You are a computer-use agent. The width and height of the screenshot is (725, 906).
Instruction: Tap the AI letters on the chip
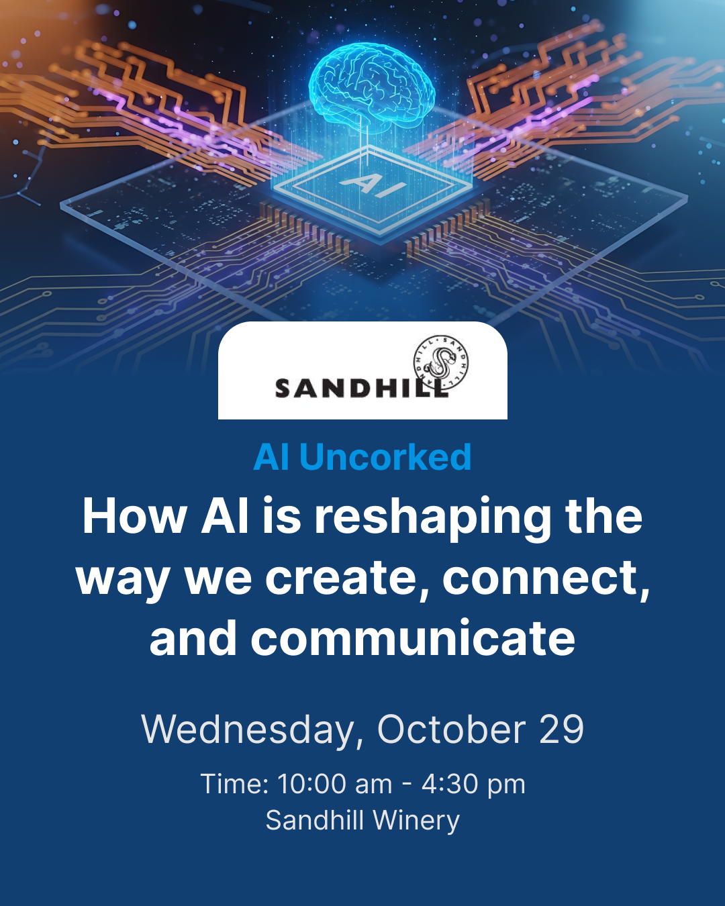tap(373, 185)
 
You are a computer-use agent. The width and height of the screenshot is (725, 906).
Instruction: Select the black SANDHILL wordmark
tap(361, 388)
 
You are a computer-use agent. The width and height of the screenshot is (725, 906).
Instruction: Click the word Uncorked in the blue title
tap(385, 457)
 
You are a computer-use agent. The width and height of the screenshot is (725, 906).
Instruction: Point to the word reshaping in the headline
tap(432, 518)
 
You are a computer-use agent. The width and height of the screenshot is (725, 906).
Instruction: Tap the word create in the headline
tap(340, 578)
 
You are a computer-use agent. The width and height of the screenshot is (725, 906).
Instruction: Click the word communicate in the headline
tap(414, 637)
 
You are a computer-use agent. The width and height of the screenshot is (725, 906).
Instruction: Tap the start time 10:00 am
tap(335, 785)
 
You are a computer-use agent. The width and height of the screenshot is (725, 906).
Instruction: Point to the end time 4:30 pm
tap(473, 785)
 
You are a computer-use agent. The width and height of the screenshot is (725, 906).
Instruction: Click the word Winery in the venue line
tap(416, 821)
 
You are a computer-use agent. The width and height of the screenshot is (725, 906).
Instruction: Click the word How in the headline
tap(135, 516)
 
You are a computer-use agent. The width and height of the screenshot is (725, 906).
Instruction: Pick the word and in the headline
tap(193, 637)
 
